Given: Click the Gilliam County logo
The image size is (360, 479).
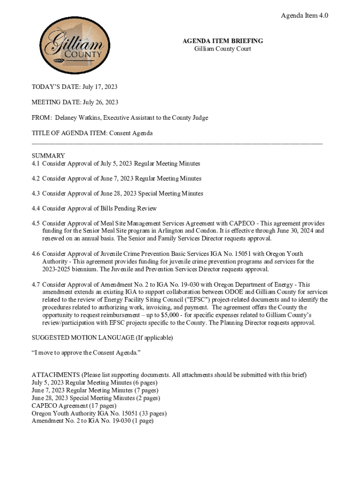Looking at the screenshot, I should pos(72,46).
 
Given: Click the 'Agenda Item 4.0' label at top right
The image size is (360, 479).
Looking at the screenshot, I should pos(304,15).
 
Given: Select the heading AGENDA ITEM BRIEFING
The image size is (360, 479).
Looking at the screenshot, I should pos(223,41).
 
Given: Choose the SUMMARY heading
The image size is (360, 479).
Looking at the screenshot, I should pos(48,155).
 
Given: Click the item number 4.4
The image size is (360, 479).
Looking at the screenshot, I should pos(36,208).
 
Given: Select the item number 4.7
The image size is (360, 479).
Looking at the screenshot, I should pos(36,284).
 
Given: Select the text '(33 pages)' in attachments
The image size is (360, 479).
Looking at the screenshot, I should pos(150,414).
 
